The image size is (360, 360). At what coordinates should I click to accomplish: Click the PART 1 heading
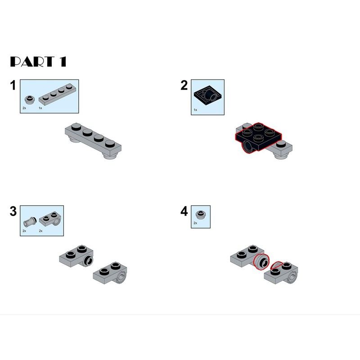[38, 62]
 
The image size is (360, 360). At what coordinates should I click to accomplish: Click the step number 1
[13, 85]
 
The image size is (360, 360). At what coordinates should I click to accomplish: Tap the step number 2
[184, 85]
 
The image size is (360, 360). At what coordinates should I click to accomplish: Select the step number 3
[13, 211]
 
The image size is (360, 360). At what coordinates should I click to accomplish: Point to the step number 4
[184, 211]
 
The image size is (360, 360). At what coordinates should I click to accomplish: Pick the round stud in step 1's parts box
[29, 99]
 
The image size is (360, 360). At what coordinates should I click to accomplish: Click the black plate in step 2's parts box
[208, 95]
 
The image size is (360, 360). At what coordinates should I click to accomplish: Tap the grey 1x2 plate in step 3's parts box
[50, 219]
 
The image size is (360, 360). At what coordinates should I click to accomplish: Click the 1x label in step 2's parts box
[195, 110]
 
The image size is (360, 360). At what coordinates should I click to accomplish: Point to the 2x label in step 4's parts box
[195, 223]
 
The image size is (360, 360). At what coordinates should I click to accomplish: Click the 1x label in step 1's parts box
[40, 108]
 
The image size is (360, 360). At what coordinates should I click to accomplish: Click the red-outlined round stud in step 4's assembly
[262, 262]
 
